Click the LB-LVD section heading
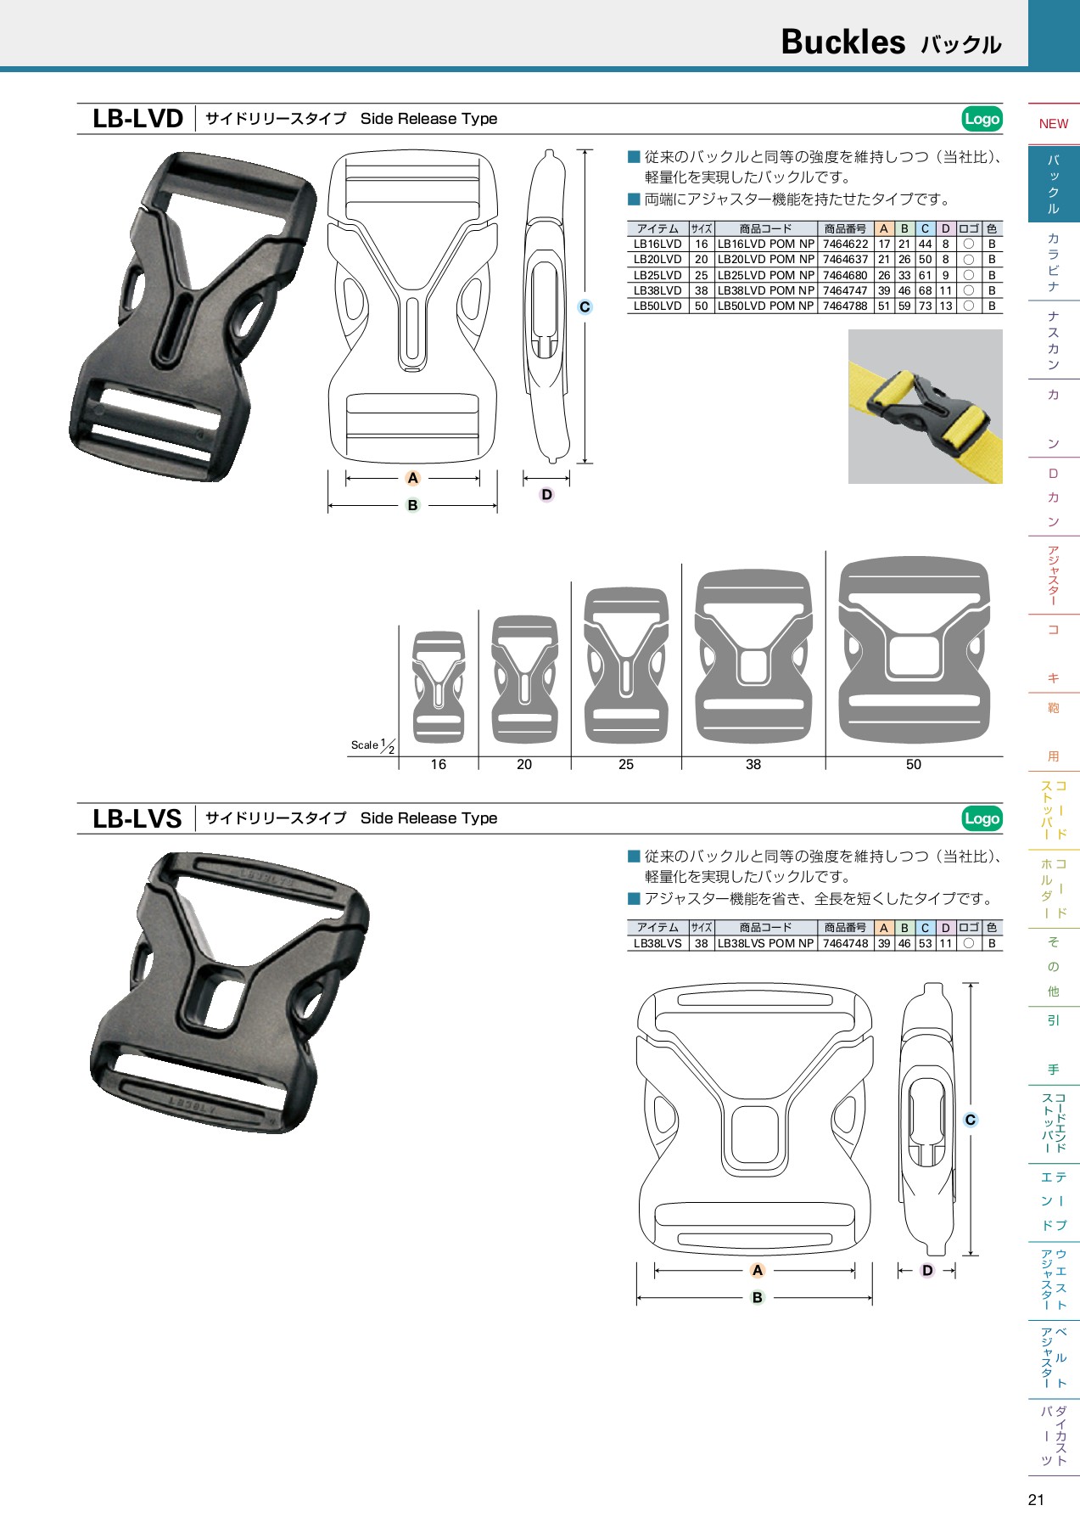pyautogui.click(x=137, y=119)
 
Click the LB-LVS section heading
pyautogui.click(x=137, y=818)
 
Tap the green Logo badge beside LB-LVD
pyautogui.click(x=982, y=119)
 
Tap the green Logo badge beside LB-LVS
pyautogui.click(x=982, y=818)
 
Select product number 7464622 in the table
pyautogui.click(x=845, y=244)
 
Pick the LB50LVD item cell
pyautogui.click(x=658, y=306)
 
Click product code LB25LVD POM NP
pyautogui.click(x=765, y=276)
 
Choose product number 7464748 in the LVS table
pyautogui.click(x=845, y=943)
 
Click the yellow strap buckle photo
pyautogui.click(x=925, y=407)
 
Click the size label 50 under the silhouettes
pyautogui.click(x=913, y=765)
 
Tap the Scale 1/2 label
pyautogui.click(x=372, y=745)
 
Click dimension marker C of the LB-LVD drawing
pyautogui.click(x=585, y=307)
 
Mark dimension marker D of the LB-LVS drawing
pyautogui.click(x=927, y=1271)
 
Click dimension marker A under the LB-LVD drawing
pyautogui.click(x=413, y=478)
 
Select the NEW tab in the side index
pyautogui.click(x=1053, y=124)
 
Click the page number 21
pyautogui.click(x=1036, y=1500)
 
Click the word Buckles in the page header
pyautogui.click(x=842, y=42)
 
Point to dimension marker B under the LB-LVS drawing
pyautogui.click(x=757, y=1297)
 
